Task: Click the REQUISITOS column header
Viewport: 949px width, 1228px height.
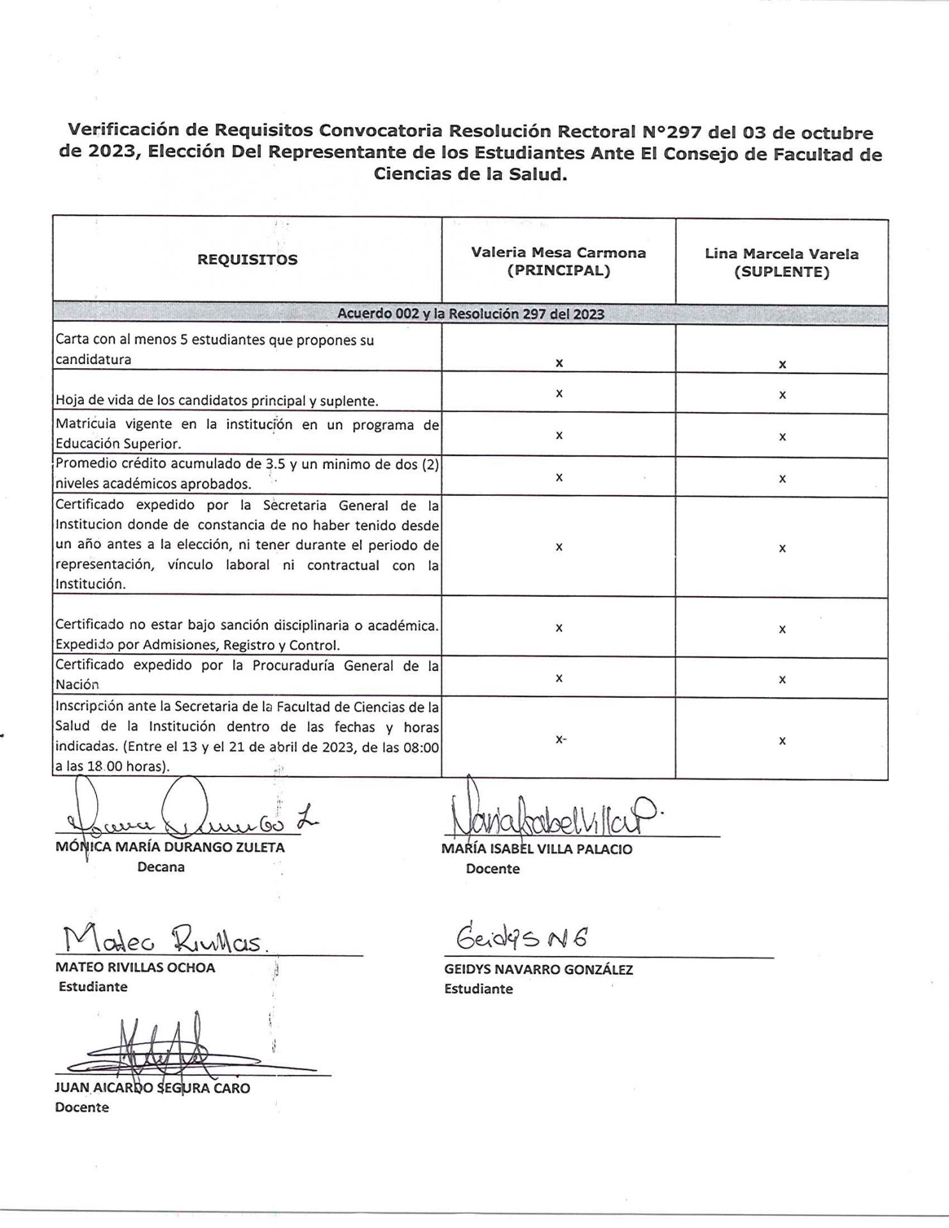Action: coord(247,260)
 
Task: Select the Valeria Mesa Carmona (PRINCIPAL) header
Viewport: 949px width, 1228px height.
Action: coord(558,261)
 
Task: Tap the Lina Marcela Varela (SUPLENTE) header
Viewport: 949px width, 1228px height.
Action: coord(781,262)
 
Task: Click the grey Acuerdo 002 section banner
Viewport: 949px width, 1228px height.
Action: coord(470,314)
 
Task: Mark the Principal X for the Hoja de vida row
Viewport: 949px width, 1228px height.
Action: coord(559,393)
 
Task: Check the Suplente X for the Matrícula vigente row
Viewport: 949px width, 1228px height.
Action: coord(782,437)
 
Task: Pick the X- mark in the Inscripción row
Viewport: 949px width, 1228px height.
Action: coord(561,739)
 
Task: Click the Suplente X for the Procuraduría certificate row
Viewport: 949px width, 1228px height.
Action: coord(782,680)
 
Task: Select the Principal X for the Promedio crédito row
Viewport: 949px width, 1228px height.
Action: coord(559,477)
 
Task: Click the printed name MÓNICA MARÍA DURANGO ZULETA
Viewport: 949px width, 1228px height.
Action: coord(170,847)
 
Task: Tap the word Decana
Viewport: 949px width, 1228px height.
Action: coord(161,867)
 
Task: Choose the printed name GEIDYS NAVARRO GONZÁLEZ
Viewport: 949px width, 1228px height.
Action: coord(538,970)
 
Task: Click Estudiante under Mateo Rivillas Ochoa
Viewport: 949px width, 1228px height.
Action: coord(93,986)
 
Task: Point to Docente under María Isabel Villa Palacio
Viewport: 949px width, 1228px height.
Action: coord(492,869)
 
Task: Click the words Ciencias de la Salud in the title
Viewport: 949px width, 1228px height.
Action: coord(470,175)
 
